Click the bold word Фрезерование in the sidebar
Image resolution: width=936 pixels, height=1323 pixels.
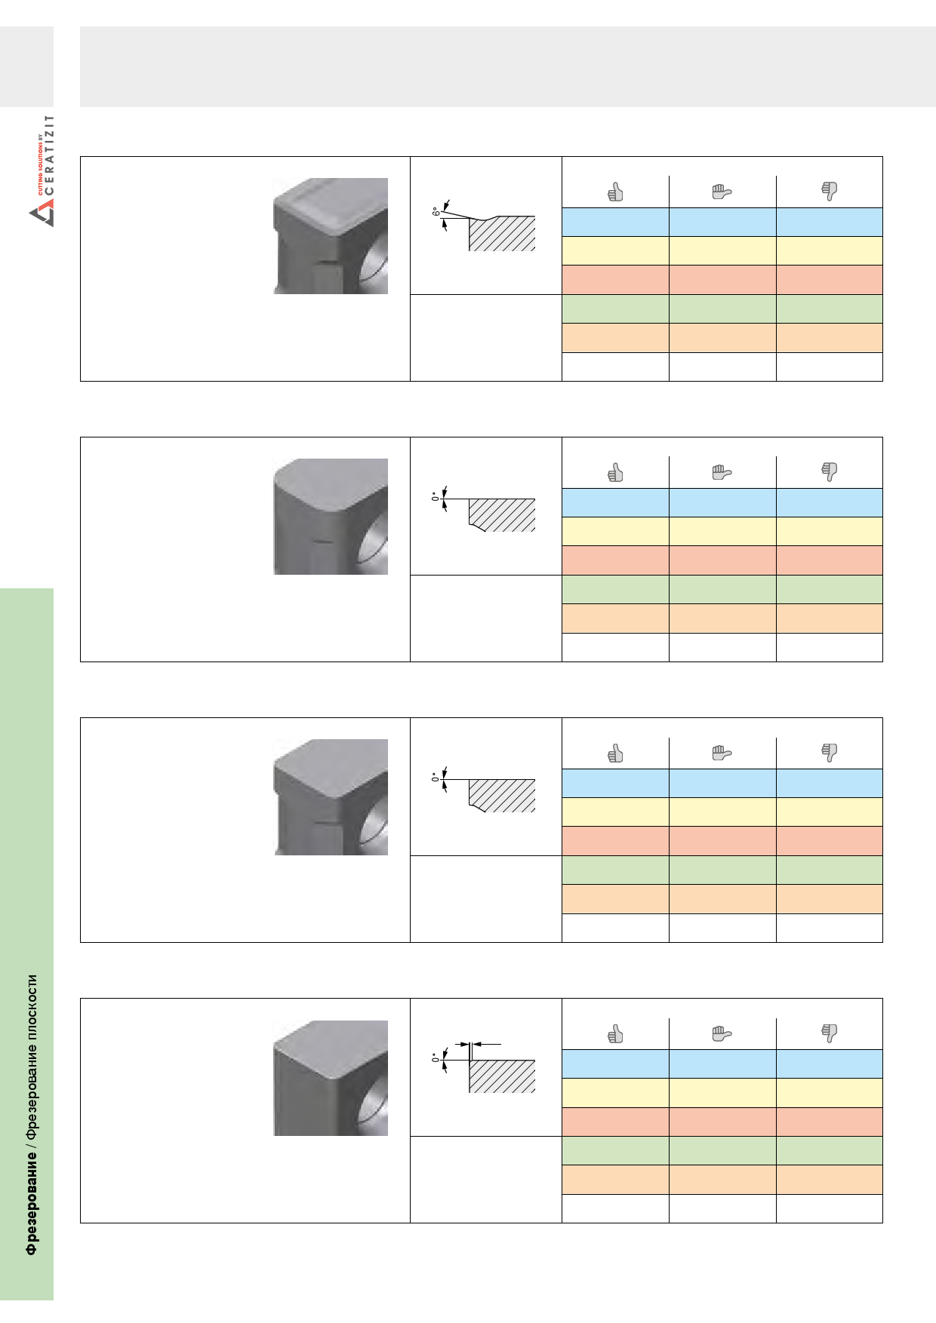pos(31,1206)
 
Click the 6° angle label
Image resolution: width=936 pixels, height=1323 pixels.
pos(436,212)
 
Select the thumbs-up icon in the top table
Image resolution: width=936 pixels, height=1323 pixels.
pos(615,192)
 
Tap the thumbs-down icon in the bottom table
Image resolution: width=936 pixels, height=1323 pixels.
pos(829,1033)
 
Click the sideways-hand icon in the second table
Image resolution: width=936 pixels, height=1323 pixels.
pos(722,472)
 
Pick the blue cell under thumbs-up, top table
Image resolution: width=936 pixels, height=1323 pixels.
pos(615,222)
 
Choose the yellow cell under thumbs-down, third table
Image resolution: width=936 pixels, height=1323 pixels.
pos(829,812)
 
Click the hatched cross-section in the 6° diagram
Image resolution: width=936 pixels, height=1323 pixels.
pos(502,234)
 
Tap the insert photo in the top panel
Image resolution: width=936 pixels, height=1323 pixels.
pos(331,236)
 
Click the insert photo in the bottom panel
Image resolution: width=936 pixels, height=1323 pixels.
pos(331,1078)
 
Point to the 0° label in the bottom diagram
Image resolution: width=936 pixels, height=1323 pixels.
pos(436,1058)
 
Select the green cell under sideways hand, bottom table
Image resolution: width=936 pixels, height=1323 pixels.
pos(722,1150)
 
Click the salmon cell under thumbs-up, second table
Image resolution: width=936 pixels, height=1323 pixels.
pos(615,560)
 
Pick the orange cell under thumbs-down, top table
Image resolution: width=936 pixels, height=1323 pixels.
pos(829,338)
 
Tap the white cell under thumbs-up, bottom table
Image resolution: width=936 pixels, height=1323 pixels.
pos(615,1208)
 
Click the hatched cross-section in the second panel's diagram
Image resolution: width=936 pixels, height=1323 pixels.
pos(502,514)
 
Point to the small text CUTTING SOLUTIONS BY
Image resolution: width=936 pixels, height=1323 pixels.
pos(40,165)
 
